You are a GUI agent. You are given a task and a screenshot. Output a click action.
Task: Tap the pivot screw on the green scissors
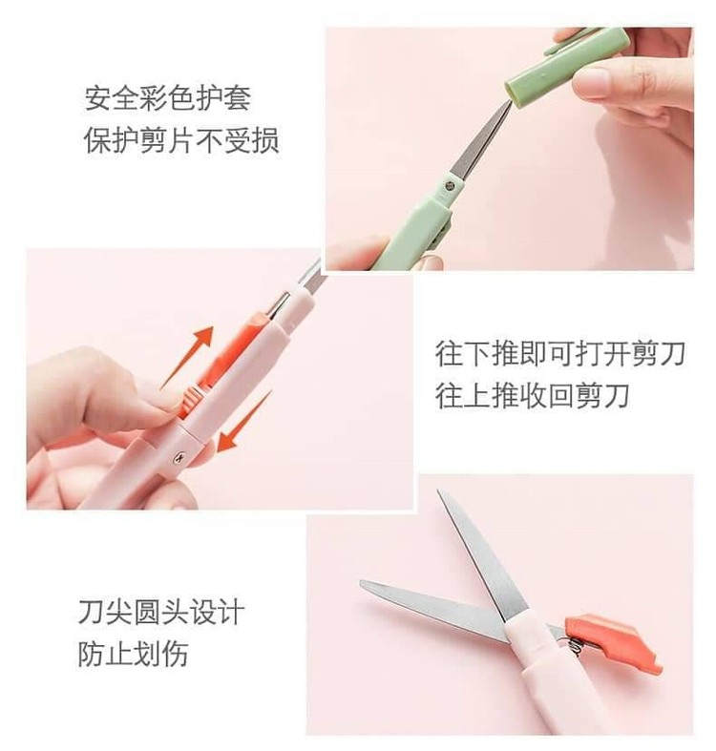pyautogui.click(x=450, y=185)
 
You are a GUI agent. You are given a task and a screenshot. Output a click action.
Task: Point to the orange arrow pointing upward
pyautogui.click(x=189, y=355)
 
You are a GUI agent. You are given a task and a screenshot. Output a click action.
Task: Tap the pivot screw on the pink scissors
pyautogui.click(x=179, y=458)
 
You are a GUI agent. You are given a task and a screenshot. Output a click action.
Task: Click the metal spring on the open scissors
pyautogui.click(x=576, y=648)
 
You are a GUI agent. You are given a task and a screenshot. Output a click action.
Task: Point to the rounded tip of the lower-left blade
pyautogui.click(x=365, y=585)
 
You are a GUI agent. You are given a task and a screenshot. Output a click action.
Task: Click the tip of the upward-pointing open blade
pyautogui.click(x=439, y=493)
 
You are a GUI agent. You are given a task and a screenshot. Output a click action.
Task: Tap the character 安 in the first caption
pyautogui.click(x=98, y=97)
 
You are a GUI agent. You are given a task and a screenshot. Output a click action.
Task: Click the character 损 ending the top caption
pyautogui.click(x=265, y=141)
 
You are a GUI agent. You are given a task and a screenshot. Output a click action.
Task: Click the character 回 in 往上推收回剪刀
pyautogui.click(x=561, y=396)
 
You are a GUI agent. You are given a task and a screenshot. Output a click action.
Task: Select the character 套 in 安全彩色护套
pyautogui.click(x=237, y=97)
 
